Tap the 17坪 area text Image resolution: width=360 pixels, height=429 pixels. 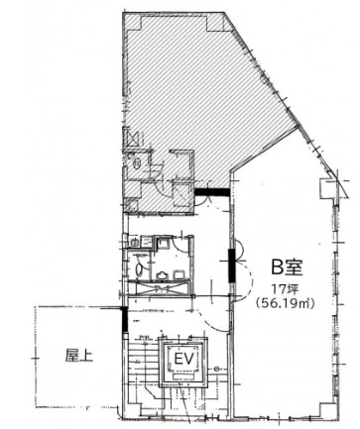tap(286, 289)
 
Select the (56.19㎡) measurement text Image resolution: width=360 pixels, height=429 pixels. tap(286, 303)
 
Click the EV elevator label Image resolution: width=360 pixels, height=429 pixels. tap(183, 359)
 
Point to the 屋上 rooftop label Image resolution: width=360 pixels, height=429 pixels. tap(79, 356)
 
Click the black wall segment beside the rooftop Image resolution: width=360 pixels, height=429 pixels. tap(125, 320)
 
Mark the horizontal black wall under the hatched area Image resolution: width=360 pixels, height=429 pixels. tap(212, 192)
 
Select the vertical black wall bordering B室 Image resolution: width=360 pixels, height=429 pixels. tap(232, 266)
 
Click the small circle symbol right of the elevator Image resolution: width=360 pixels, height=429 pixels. tap(216, 370)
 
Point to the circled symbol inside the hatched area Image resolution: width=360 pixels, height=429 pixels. tap(137, 163)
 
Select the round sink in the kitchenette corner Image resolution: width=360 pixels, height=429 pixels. tap(134, 243)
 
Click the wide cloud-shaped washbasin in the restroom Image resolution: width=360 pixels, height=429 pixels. tap(162, 274)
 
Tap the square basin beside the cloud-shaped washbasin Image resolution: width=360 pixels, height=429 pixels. tap(179, 274)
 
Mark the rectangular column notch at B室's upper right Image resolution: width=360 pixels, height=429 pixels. tap(327, 188)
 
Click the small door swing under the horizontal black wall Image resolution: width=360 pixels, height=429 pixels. tap(202, 201)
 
